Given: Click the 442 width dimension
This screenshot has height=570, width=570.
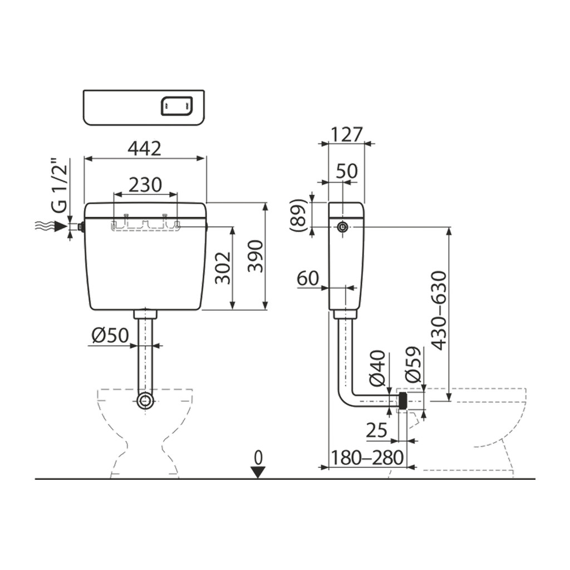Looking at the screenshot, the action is tap(145, 149).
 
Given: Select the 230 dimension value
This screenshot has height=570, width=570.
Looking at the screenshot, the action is tap(145, 185).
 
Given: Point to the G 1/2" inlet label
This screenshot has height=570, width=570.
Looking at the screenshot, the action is tap(59, 185).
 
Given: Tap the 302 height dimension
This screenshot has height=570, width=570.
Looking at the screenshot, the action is tap(223, 267).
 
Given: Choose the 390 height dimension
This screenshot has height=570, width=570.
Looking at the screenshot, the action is tap(255, 256).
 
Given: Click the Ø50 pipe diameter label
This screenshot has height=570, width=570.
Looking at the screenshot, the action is tap(110, 336).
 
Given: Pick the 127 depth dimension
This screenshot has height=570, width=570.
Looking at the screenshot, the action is tap(346, 135).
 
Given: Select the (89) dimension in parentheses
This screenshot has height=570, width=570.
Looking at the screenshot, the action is tap(298, 215).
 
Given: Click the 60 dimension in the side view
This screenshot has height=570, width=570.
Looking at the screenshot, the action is tap(308, 278).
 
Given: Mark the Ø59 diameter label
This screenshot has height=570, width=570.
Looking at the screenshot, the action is tap(414, 364).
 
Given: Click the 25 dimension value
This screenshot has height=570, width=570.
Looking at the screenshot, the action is tap(376, 431).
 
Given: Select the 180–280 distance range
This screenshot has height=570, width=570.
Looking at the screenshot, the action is tap(367, 458).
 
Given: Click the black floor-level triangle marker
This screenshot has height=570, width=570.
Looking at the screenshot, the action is tap(258, 472).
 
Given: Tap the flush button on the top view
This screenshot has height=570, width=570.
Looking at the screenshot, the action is tap(176, 105).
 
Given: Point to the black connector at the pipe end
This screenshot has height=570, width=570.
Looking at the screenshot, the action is tap(402, 401).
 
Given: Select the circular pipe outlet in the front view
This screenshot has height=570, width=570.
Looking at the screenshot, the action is tap(145, 401).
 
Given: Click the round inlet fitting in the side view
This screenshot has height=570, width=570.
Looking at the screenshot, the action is tap(342, 227).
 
